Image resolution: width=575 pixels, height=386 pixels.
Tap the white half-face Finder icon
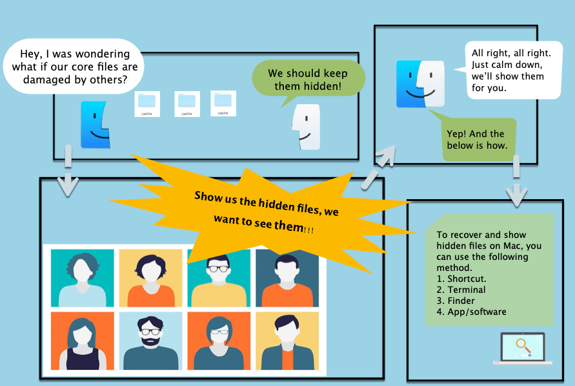pyautogui.click(x=305, y=127)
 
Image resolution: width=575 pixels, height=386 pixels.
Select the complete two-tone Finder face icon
pyautogui.click(x=421, y=84)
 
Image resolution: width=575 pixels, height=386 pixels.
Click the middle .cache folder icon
pyautogui.click(x=187, y=103)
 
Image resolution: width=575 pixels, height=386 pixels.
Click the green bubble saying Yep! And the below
pyautogui.click(x=478, y=139)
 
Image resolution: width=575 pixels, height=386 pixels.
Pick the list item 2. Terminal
pyautogui.click(x=461, y=290)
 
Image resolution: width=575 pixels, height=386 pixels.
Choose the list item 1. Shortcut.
pyautogui.click(x=463, y=279)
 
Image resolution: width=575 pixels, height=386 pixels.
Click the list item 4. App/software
pyautogui.click(x=472, y=312)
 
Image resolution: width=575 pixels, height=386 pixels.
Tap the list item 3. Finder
pyautogui.click(x=456, y=301)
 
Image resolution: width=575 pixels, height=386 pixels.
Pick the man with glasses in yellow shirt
pyautogui.click(x=219, y=278)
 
